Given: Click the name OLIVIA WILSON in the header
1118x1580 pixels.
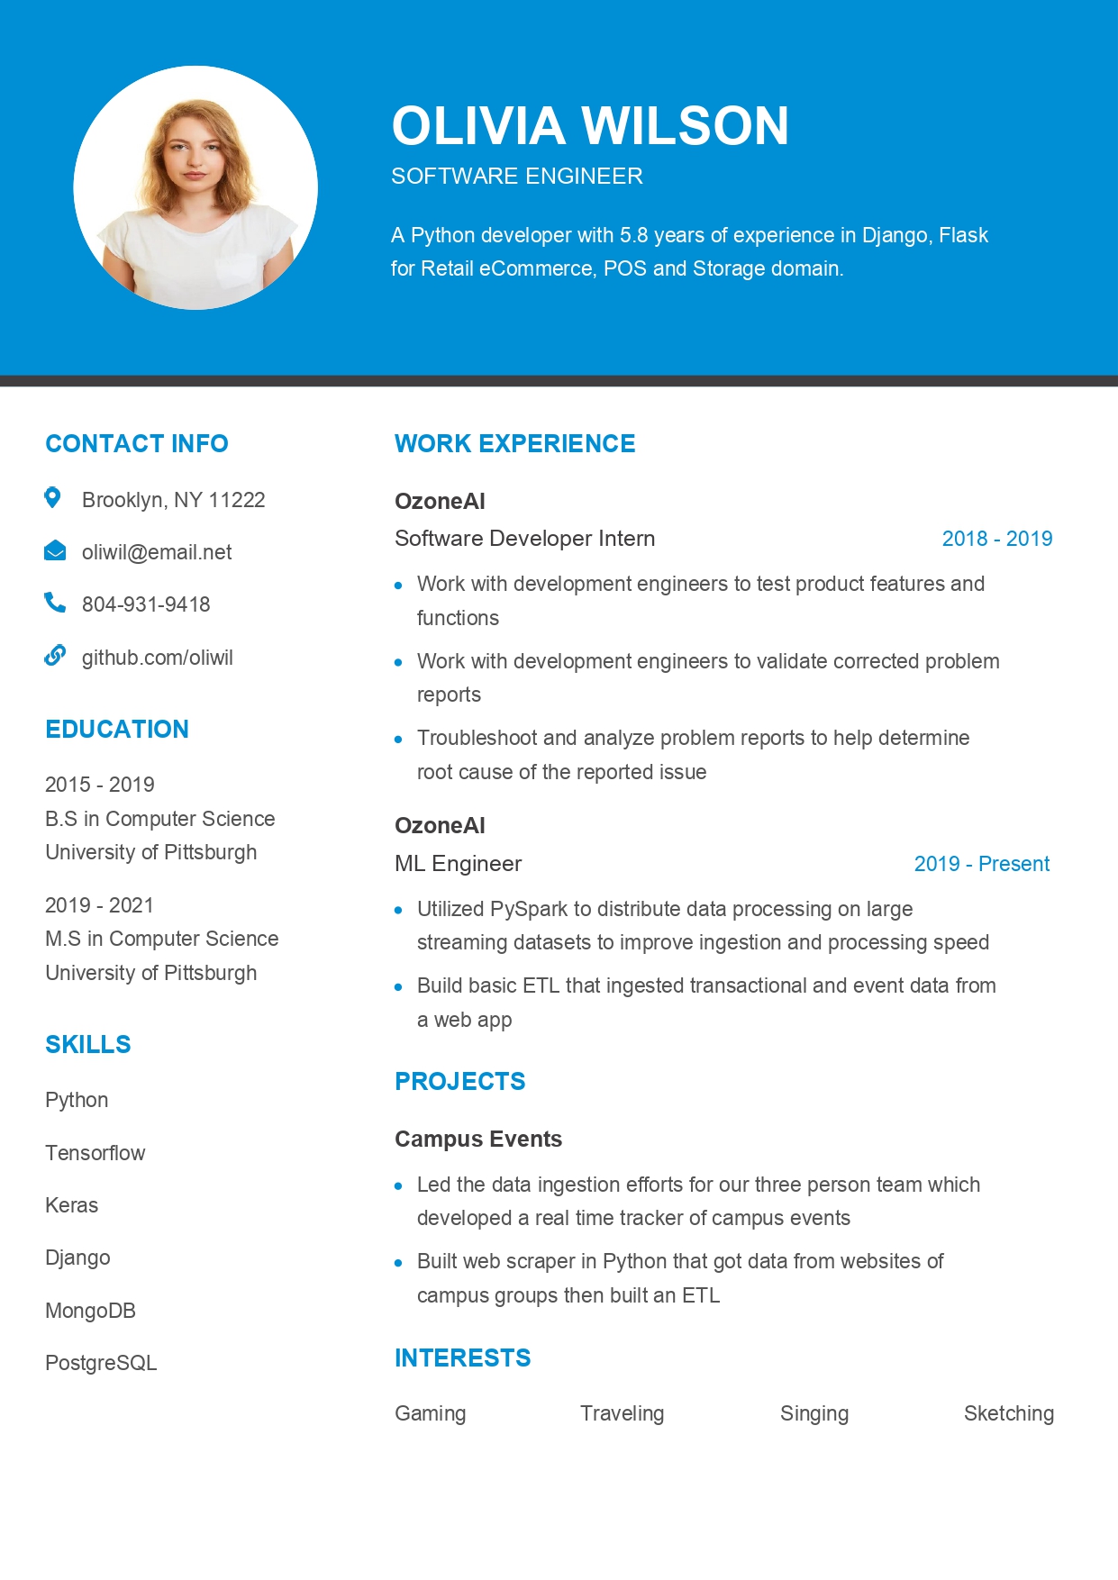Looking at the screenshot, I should click(x=590, y=125).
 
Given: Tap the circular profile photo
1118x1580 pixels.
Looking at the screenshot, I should click(x=195, y=187).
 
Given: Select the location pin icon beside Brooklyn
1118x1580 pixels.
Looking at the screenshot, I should click(x=53, y=497).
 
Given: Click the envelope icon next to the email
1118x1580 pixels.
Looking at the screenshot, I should click(x=55, y=551).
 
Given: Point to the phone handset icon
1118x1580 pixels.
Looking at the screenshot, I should click(x=55, y=603).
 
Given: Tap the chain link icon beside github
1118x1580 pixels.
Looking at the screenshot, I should click(x=55, y=656).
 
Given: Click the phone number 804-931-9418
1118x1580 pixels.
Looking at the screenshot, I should click(x=146, y=604).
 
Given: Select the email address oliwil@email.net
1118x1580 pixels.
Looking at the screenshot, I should click(x=157, y=552).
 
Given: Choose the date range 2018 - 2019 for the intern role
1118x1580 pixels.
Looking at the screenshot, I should click(x=996, y=539).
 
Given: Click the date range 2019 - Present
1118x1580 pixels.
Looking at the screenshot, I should click(x=981, y=864).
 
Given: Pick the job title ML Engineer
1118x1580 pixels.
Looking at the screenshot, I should click(x=458, y=864).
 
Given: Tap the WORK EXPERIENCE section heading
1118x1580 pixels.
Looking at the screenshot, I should click(x=514, y=443).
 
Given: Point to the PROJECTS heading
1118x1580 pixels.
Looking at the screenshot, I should click(x=459, y=1081).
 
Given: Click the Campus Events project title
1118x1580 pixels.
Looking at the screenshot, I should click(x=478, y=1139).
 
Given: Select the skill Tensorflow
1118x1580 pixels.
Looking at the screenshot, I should click(x=95, y=1153).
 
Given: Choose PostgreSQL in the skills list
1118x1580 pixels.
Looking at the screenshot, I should click(x=101, y=1363).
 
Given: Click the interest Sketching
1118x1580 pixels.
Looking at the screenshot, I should click(x=1008, y=1413).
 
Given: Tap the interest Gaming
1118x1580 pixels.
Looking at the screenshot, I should click(x=430, y=1413).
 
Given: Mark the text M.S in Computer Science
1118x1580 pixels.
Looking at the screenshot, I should click(x=162, y=939).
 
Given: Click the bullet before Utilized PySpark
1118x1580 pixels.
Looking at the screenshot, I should click(x=398, y=910).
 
